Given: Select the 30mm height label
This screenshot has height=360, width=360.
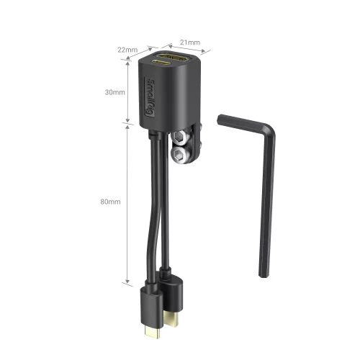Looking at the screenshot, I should click(x=114, y=93).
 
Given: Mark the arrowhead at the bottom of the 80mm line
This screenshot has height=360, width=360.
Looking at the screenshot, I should click(x=128, y=281).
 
